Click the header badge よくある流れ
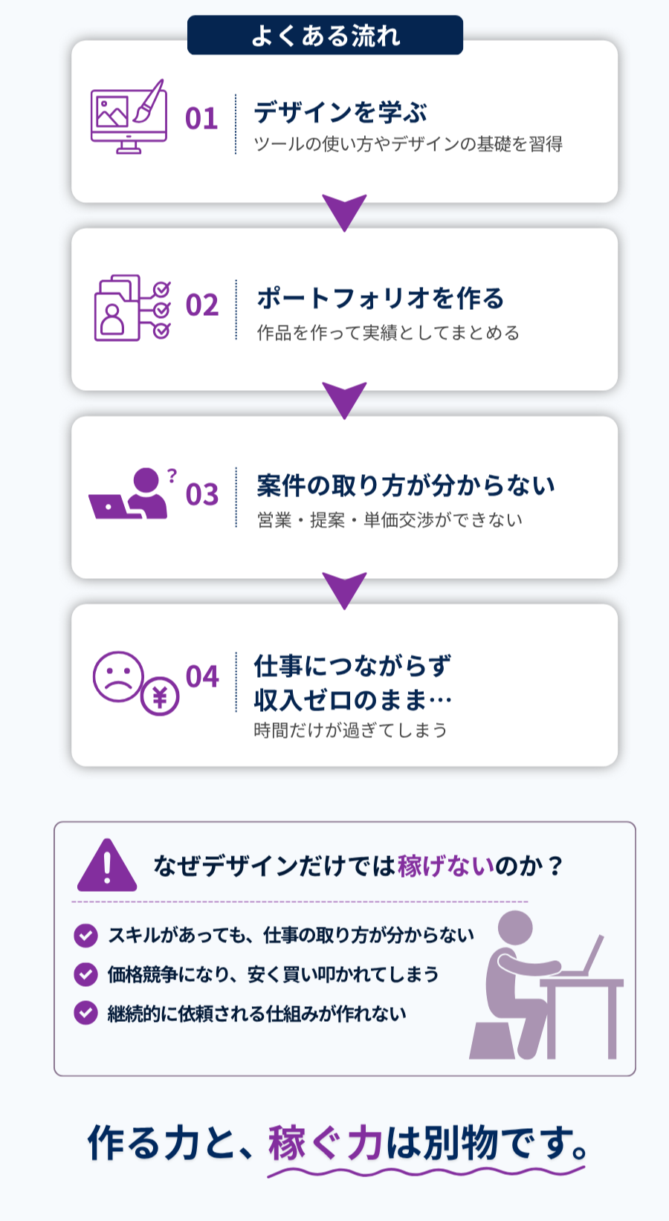325,36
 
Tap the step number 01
201,119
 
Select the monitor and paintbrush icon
129,117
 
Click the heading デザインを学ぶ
340,111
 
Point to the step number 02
201,305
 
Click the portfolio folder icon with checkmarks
132,308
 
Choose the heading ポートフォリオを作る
381,298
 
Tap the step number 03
201,494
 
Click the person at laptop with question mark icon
132,493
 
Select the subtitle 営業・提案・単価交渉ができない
390,520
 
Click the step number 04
201,676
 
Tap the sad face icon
118,676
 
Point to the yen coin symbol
160,696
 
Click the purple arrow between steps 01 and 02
344,211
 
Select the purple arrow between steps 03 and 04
344,589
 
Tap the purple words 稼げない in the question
446,866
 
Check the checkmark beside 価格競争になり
85,974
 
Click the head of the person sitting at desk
514,927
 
